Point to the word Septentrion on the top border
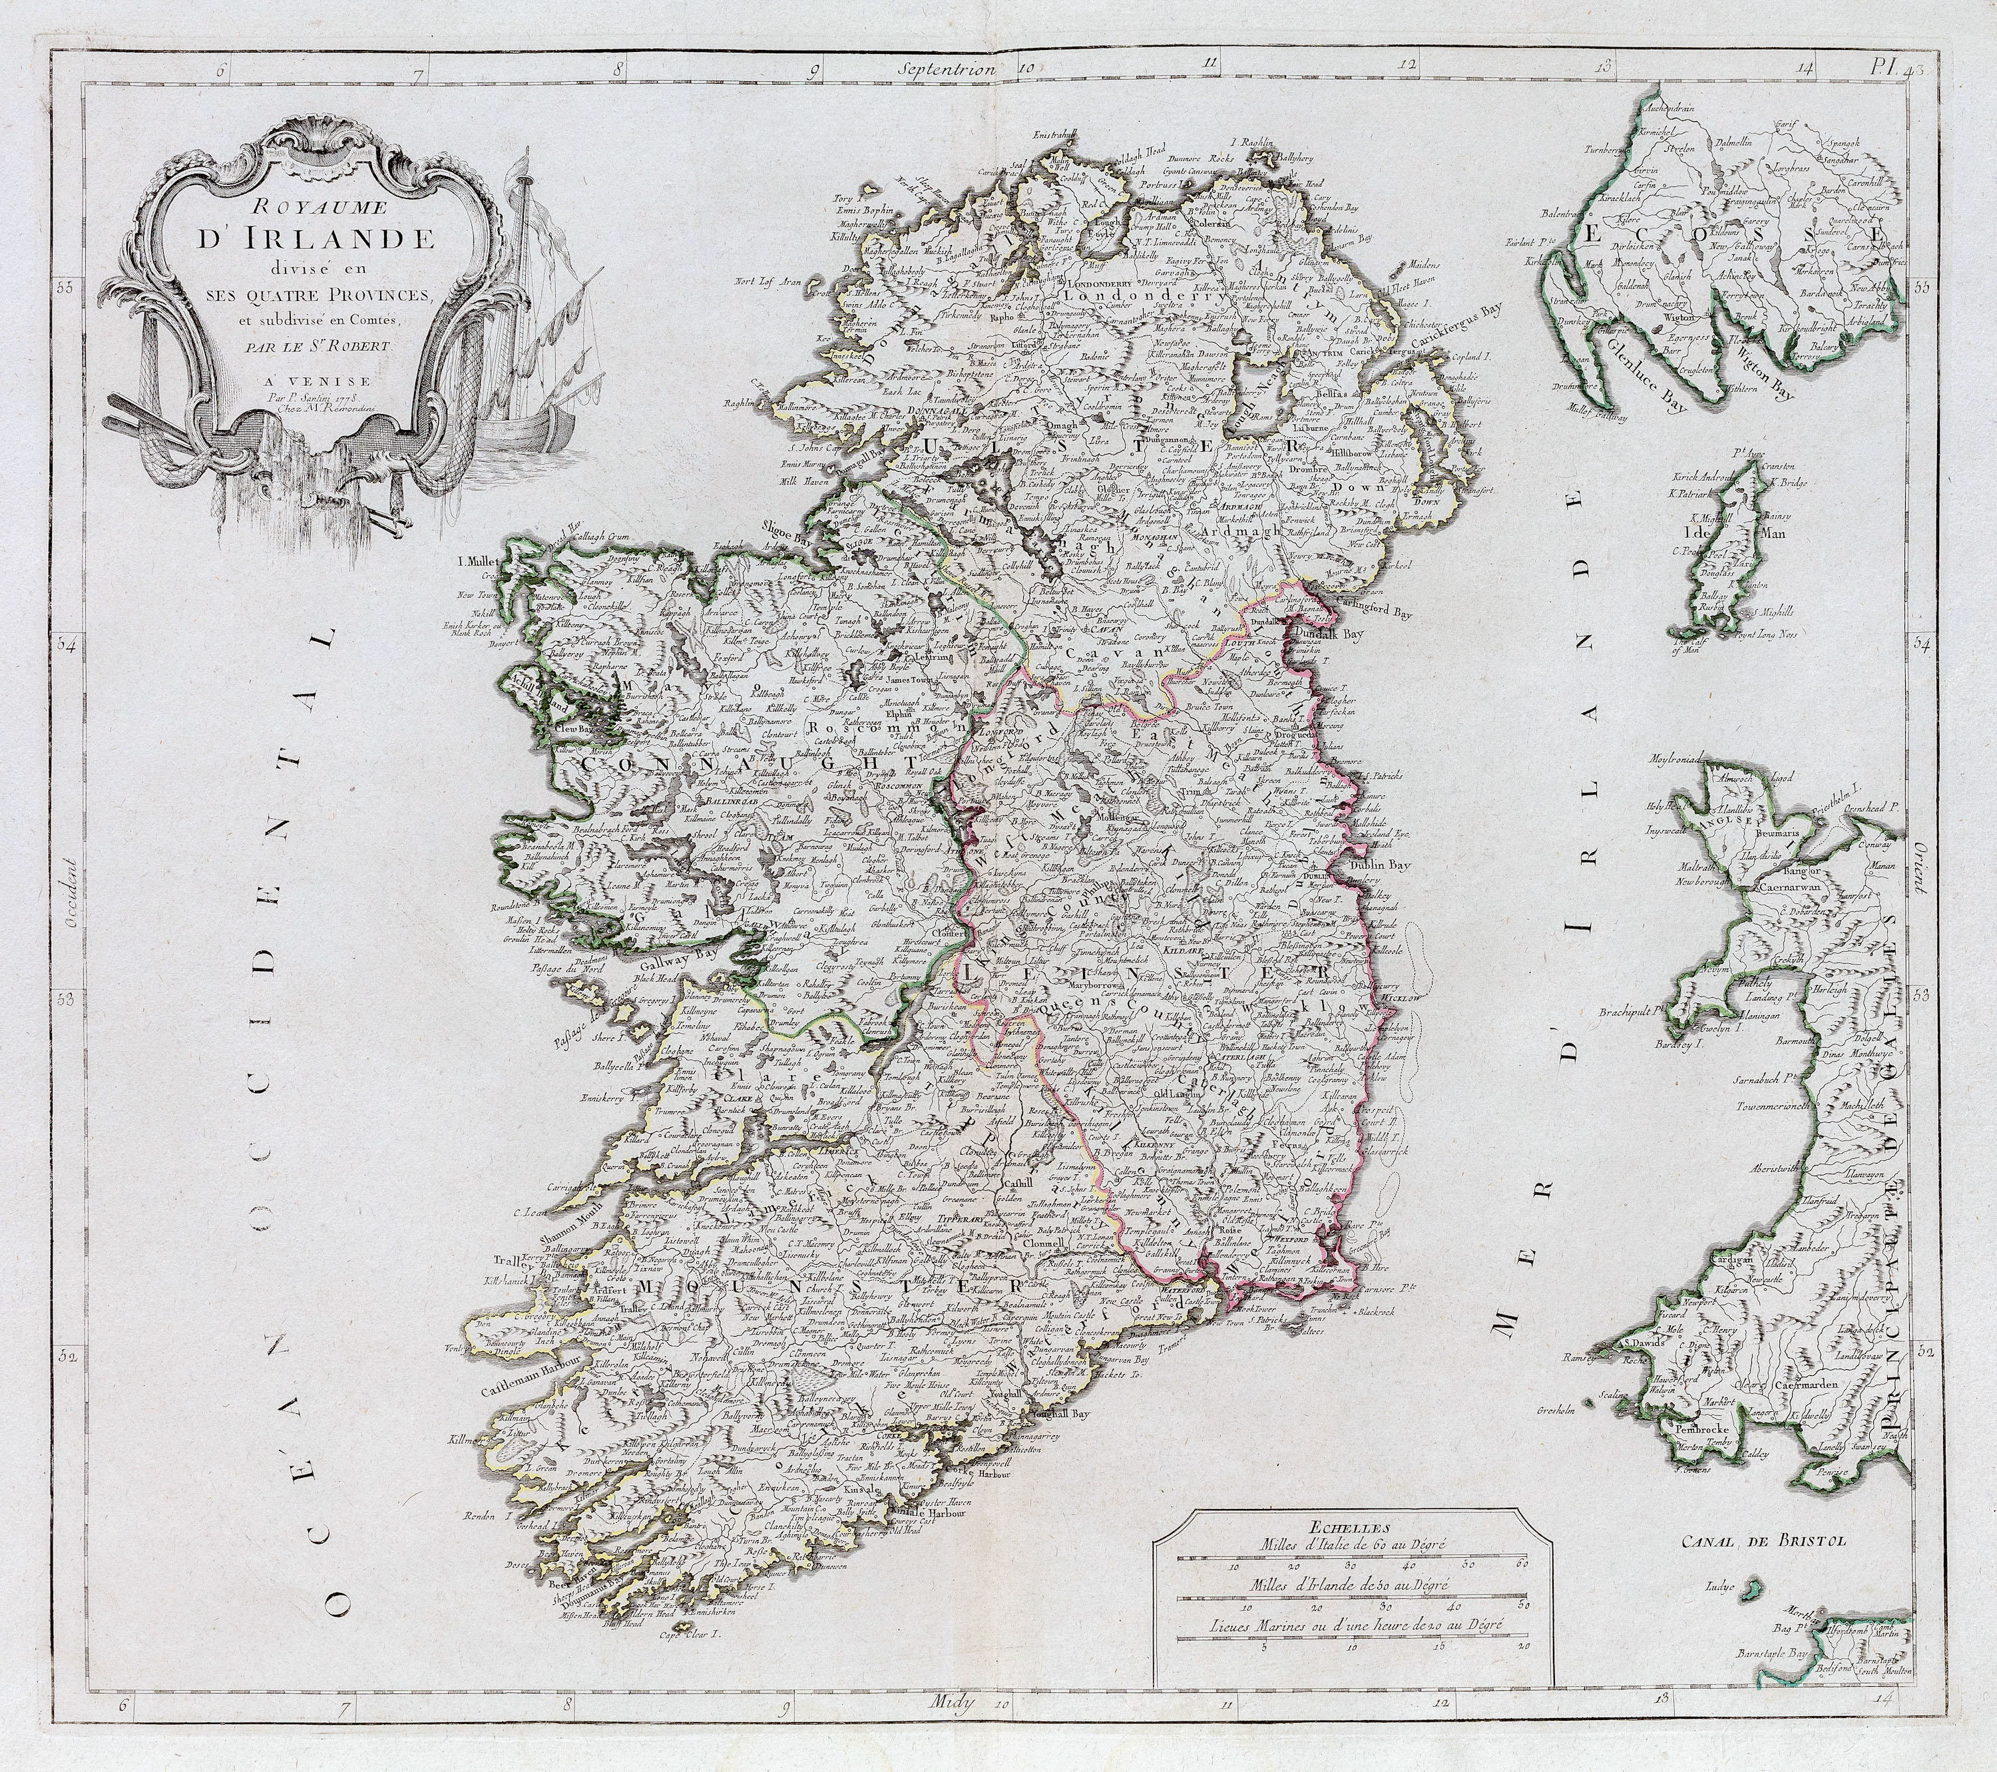coord(949,69)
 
